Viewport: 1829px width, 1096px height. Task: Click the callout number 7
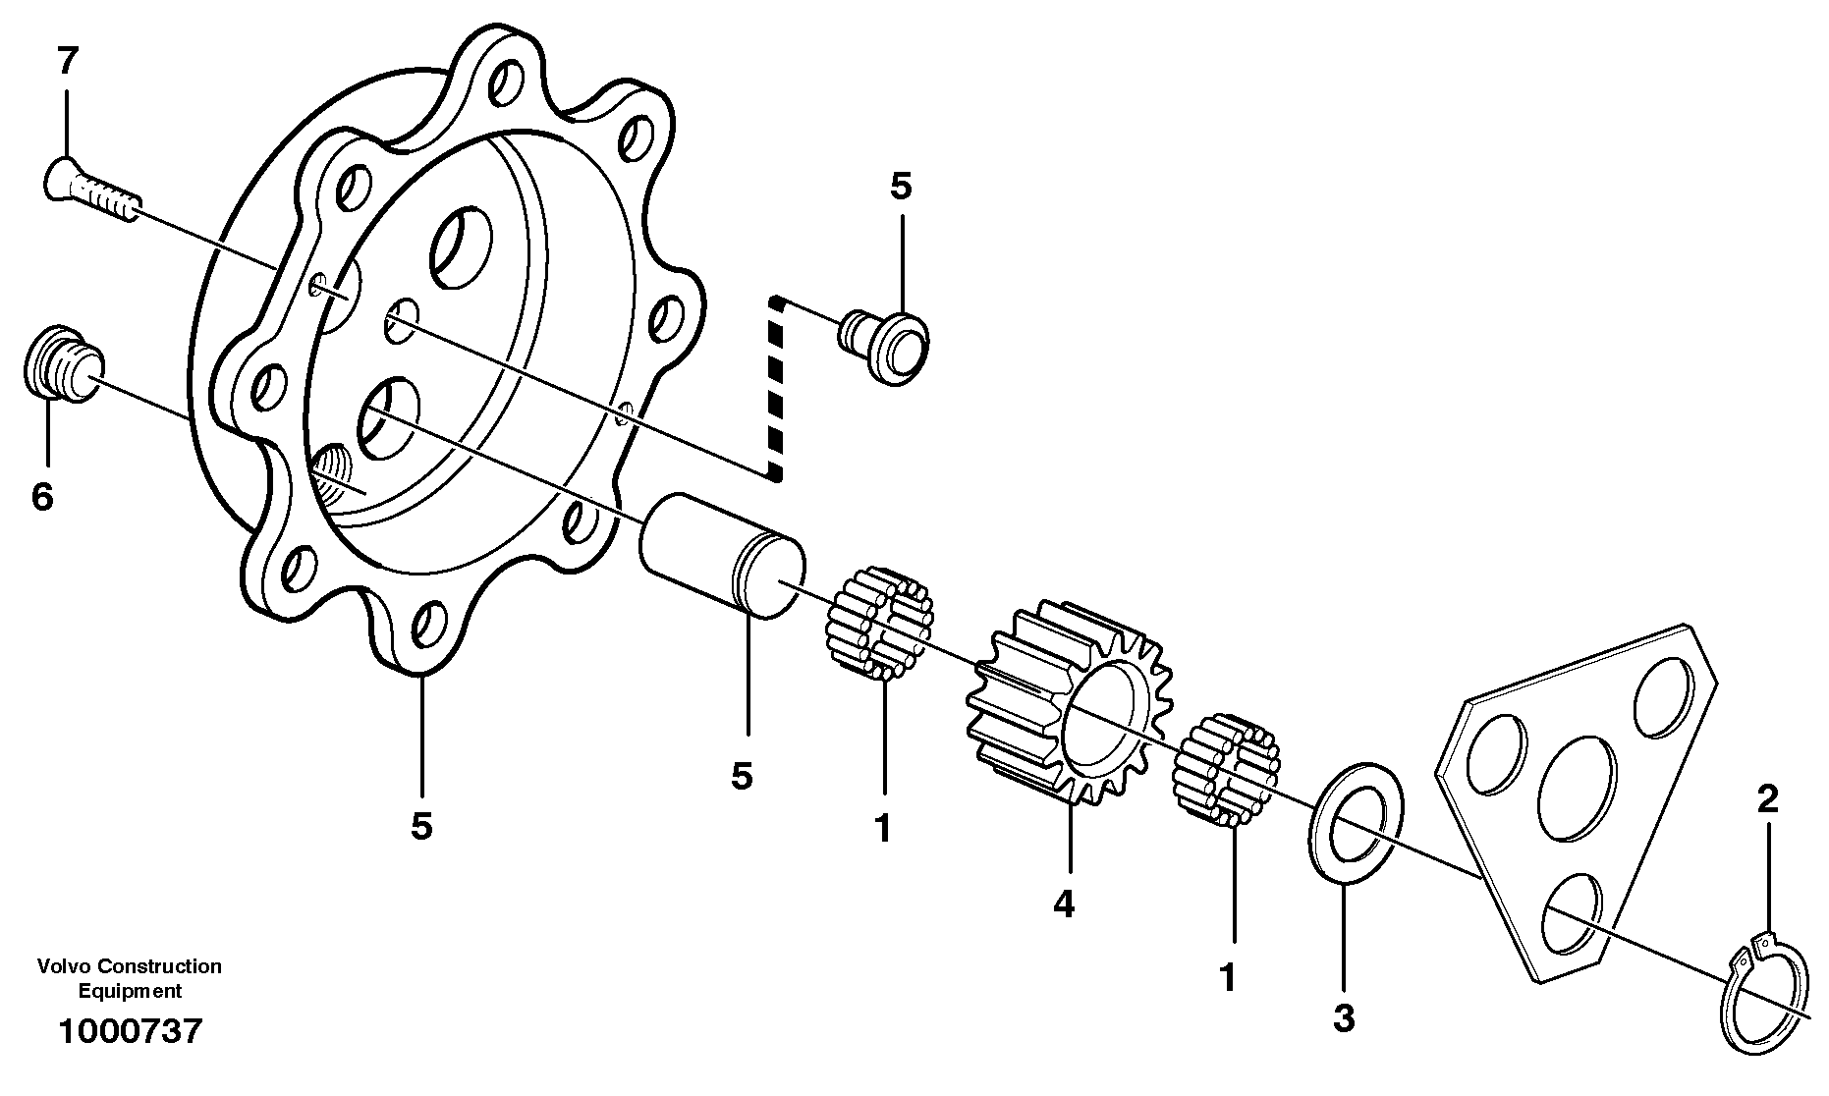(x=66, y=62)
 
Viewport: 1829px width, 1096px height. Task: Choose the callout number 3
(x=1343, y=1018)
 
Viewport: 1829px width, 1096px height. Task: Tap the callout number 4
(x=1064, y=903)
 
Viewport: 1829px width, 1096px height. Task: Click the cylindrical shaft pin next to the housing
(x=722, y=556)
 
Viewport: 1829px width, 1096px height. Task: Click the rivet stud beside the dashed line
(x=885, y=347)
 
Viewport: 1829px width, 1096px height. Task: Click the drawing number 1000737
(x=130, y=1031)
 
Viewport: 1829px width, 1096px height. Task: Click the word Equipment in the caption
(x=130, y=991)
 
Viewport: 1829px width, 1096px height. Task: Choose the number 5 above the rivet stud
(x=901, y=186)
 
